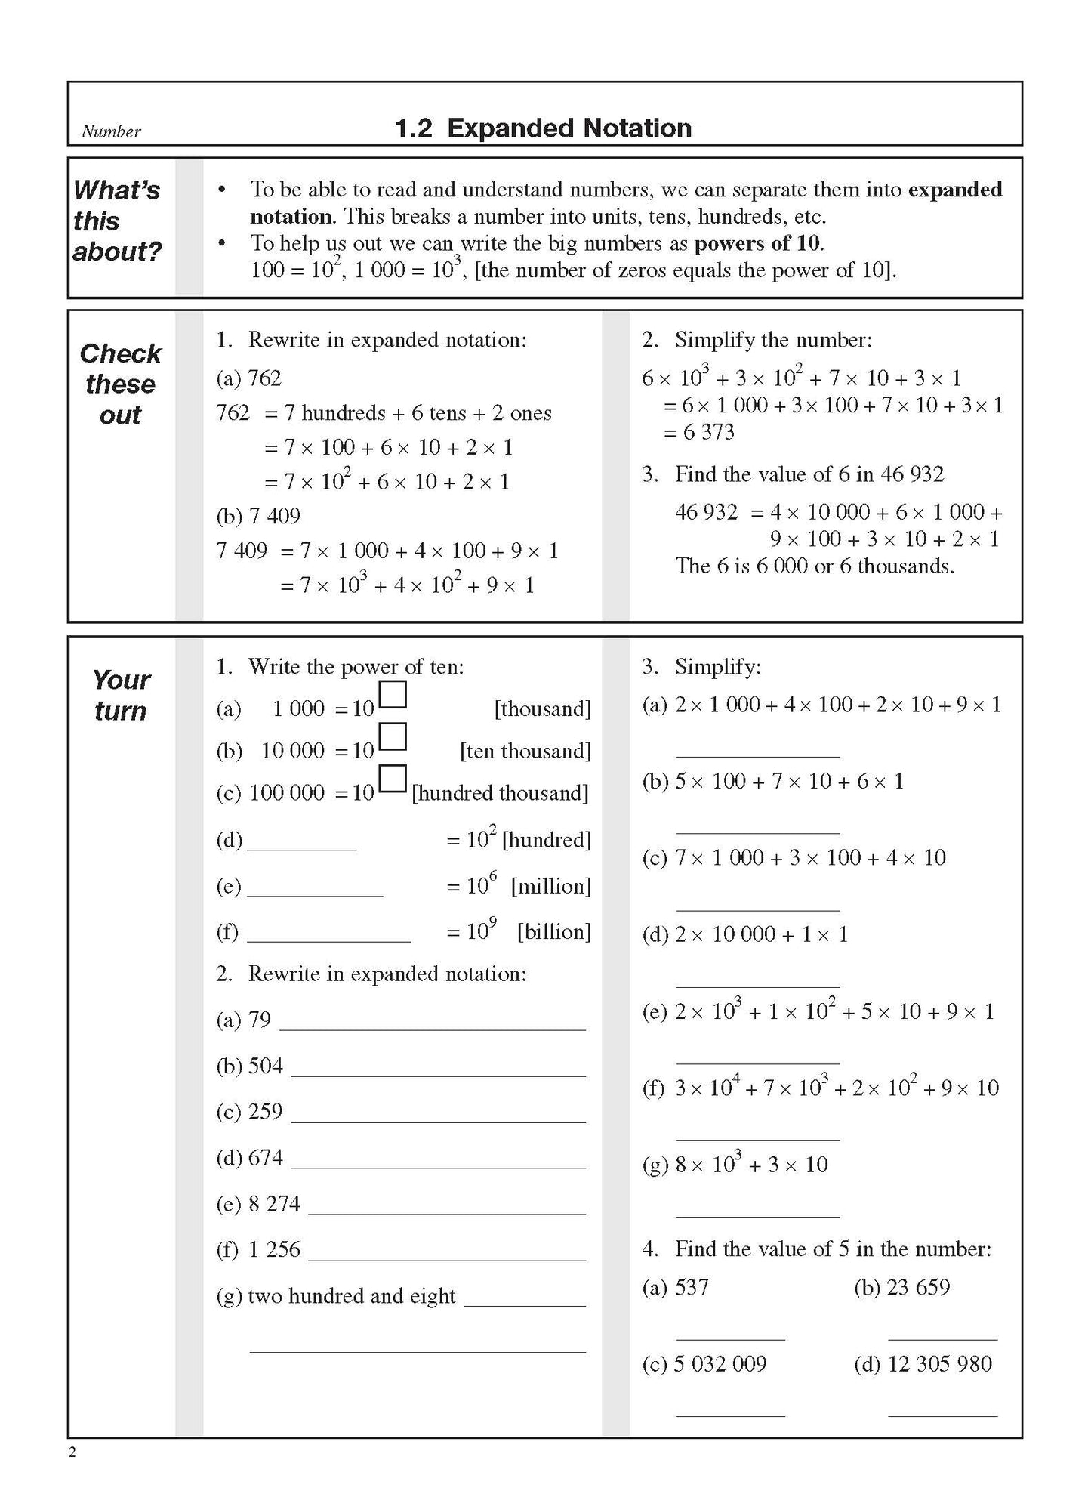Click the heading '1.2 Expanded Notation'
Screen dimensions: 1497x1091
pyautogui.click(x=543, y=128)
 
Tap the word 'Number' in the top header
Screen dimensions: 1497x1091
pyautogui.click(x=111, y=131)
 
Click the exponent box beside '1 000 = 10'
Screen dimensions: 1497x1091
pyautogui.click(x=393, y=695)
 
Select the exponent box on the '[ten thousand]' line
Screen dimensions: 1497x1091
pyautogui.click(x=393, y=736)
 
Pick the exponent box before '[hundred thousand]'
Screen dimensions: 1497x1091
pyautogui.click(x=393, y=779)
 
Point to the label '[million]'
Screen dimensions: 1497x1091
pyautogui.click(x=550, y=886)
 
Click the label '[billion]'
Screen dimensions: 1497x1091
pyautogui.click(x=553, y=931)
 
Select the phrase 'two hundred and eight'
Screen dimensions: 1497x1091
pyautogui.click(x=351, y=1296)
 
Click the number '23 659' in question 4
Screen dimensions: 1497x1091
pyautogui.click(x=917, y=1287)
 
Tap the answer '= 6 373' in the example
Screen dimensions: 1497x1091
pyautogui.click(x=698, y=432)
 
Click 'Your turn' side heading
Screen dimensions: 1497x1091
pyautogui.click(x=121, y=695)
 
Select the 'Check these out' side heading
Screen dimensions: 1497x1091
pyautogui.click(x=121, y=384)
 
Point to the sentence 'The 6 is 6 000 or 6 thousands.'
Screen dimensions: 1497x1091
pyautogui.click(x=814, y=566)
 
